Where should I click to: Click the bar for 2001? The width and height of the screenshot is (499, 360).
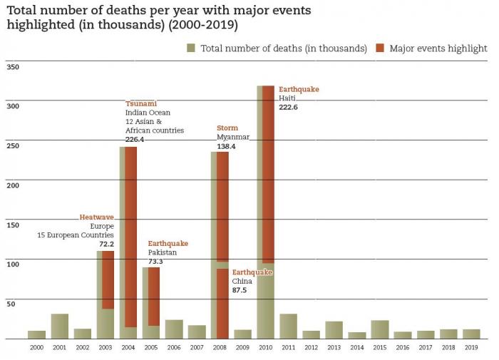[60, 326]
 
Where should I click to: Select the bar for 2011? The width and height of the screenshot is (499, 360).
[288, 326]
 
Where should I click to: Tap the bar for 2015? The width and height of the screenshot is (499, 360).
[380, 329]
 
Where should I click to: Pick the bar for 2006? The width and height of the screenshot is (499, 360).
[174, 329]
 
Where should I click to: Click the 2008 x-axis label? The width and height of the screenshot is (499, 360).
[220, 348]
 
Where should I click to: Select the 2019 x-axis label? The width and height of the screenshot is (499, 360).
[471, 348]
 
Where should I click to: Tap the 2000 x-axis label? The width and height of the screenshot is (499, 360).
[36, 348]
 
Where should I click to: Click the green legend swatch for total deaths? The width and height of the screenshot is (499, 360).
[191, 48]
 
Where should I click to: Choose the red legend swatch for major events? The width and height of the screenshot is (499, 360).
[380, 48]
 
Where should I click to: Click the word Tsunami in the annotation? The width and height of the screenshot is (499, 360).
[141, 103]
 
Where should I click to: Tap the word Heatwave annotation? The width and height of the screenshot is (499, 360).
[96, 217]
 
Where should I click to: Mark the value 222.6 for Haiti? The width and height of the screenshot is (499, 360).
[289, 107]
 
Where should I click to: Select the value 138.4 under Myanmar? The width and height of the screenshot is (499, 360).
[226, 146]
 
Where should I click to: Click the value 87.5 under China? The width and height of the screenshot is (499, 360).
[240, 290]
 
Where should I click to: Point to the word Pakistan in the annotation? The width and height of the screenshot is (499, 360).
[163, 252]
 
